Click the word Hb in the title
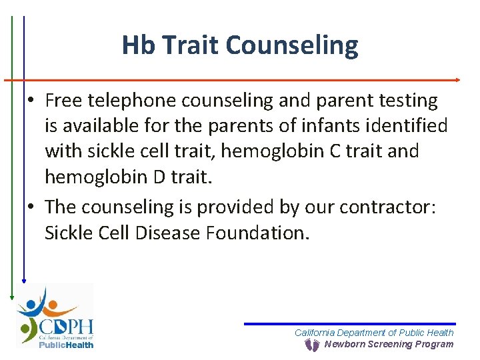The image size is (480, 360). click(138, 45)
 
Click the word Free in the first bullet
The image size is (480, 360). click(63, 101)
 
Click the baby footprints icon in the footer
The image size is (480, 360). click(311, 345)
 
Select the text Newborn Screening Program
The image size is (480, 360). click(389, 345)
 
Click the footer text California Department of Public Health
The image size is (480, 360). click(374, 333)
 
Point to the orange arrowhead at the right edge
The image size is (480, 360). click(457, 80)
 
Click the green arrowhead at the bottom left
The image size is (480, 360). click(11, 297)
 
